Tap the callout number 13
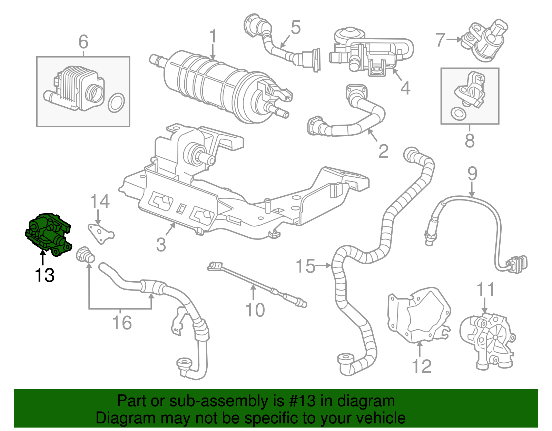[x=45, y=275]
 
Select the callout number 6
[x=83, y=42]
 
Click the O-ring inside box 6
[x=116, y=102]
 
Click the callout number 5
[x=296, y=27]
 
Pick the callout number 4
[x=405, y=88]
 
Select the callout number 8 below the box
[x=470, y=140]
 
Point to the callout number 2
[x=383, y=151]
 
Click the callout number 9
[x=472, y=173]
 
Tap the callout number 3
[x=161, y=244]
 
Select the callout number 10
[x=255, y=310]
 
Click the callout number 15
[x=305, y=266]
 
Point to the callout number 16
[x=122, y=322]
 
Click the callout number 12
[x=421, y=366]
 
